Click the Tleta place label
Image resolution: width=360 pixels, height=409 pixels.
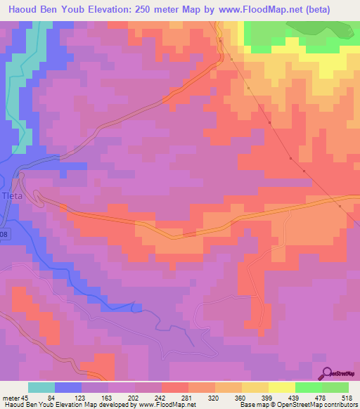coord(12,196)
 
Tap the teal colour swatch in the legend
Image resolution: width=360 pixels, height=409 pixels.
coord(41,387)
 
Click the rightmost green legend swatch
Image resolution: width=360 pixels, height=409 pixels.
coord(335,387)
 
